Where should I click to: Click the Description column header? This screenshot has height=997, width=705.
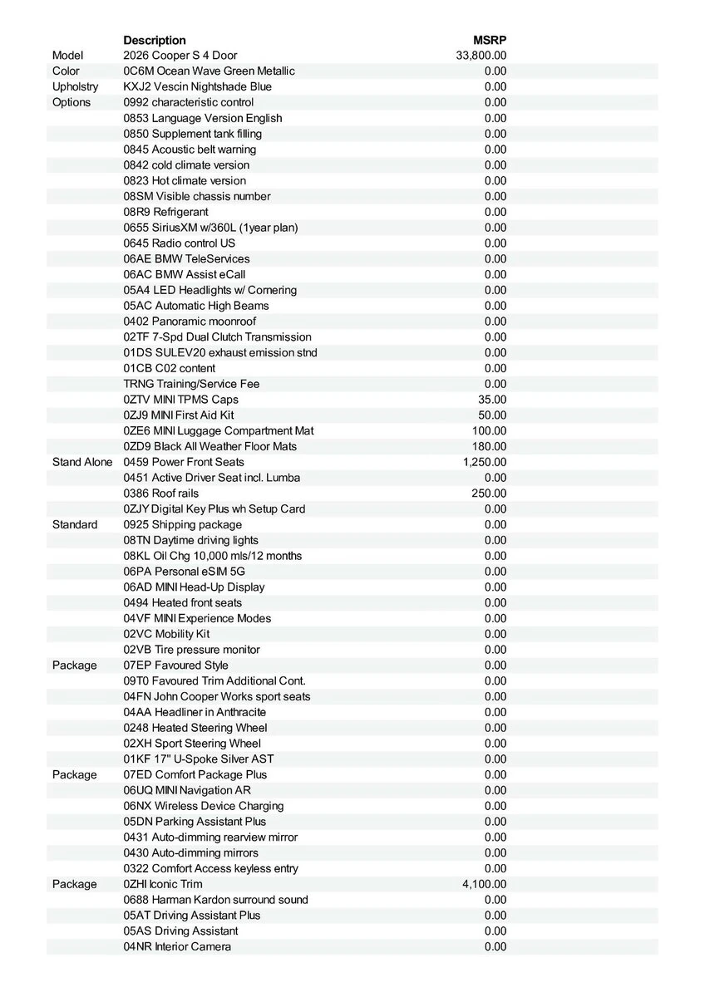(155, 40)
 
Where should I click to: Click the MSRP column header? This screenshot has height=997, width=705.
(490, 40)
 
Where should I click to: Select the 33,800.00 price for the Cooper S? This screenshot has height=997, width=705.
(481, 56)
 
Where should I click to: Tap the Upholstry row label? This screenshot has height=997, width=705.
(75, 86)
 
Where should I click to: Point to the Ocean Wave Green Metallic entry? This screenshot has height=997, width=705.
(209, 71)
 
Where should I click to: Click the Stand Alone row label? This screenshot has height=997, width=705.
(82, 462)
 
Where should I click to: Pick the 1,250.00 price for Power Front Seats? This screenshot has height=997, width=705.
(485, 462)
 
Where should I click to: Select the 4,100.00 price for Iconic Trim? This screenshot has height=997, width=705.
(485, 884)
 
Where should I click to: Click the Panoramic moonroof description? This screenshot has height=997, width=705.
(190, 322)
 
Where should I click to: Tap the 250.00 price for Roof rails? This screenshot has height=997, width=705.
(489, 494)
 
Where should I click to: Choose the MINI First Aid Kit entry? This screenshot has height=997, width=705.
(179, 415)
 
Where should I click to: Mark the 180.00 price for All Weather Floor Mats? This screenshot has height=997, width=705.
(489, 446)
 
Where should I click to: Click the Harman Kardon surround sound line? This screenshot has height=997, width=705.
(215, 900)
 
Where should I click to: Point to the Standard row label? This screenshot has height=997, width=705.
(75, 524)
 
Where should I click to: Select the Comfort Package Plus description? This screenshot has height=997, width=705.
(195, 774)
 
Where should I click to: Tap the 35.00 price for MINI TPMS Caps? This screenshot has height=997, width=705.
(492, 400)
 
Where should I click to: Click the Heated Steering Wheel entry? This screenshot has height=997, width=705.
(195, 728)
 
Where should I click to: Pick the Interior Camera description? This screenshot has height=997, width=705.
(177, 946)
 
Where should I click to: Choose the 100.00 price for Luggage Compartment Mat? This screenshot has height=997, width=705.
(489, 431)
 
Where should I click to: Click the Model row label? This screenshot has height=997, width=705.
(67, 56)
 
